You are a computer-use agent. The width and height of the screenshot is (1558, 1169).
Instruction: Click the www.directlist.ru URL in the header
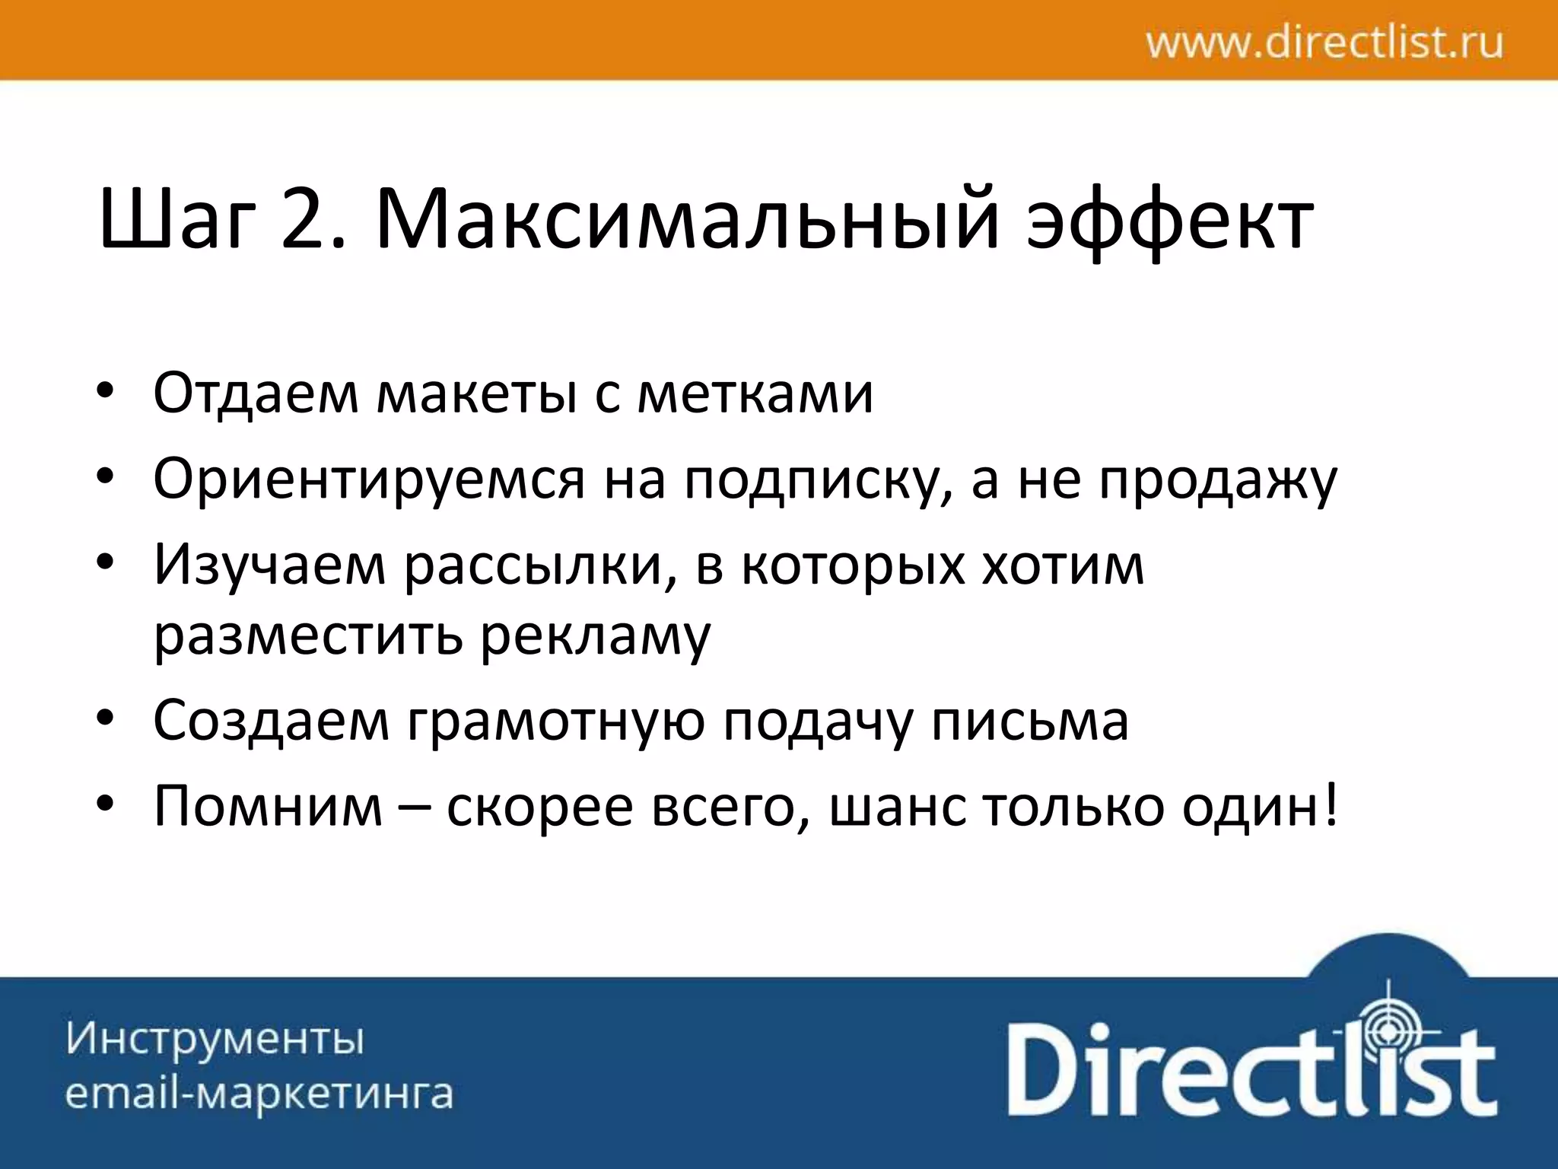click(1324, 43)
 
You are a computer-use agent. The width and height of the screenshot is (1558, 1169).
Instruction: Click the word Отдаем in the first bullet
click(256, 393)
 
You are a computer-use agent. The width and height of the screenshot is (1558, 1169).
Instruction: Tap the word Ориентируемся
click(369, 479)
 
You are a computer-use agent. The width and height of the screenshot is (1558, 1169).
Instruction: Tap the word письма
click(1030, 721)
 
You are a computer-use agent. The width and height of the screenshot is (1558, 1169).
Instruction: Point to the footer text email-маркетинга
click(259, 1094)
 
